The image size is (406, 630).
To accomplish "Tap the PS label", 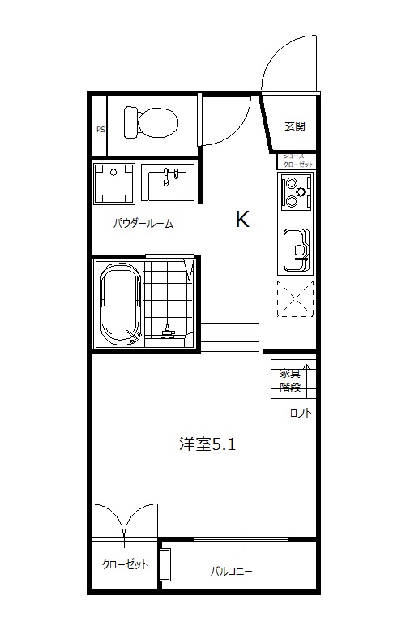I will [100, 129].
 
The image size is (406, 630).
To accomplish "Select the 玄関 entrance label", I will [294, 126].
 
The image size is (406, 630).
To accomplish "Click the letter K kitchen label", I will [241, 220].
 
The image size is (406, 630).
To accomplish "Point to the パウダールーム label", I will [143, 224].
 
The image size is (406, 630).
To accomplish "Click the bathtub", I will [119, 305].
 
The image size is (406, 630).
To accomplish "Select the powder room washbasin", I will [169, 182].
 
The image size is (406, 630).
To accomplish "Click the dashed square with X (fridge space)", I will [294, 298].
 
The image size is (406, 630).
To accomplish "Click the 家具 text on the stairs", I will [290, 374].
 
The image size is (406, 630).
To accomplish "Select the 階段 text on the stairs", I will [290, 387].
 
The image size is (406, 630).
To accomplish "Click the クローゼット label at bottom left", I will [125, 564].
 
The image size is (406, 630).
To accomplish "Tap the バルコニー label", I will [231, 571].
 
